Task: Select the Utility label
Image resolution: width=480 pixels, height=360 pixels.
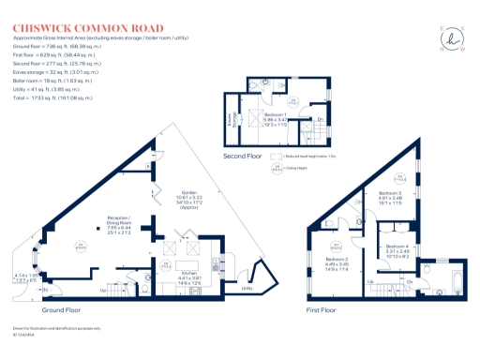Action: pos(247,289)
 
